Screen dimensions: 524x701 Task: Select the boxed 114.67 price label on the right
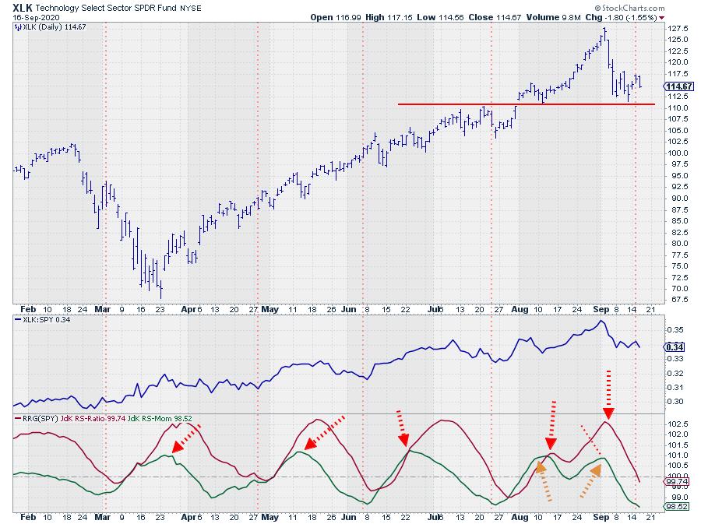coord(678,86)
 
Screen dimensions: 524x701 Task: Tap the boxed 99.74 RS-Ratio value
coord(676,482)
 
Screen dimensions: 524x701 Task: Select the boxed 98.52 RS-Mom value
coord(676,507)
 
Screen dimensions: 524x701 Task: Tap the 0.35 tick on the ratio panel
coord(675,330)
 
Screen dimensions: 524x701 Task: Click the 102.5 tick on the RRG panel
coord(677,423)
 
